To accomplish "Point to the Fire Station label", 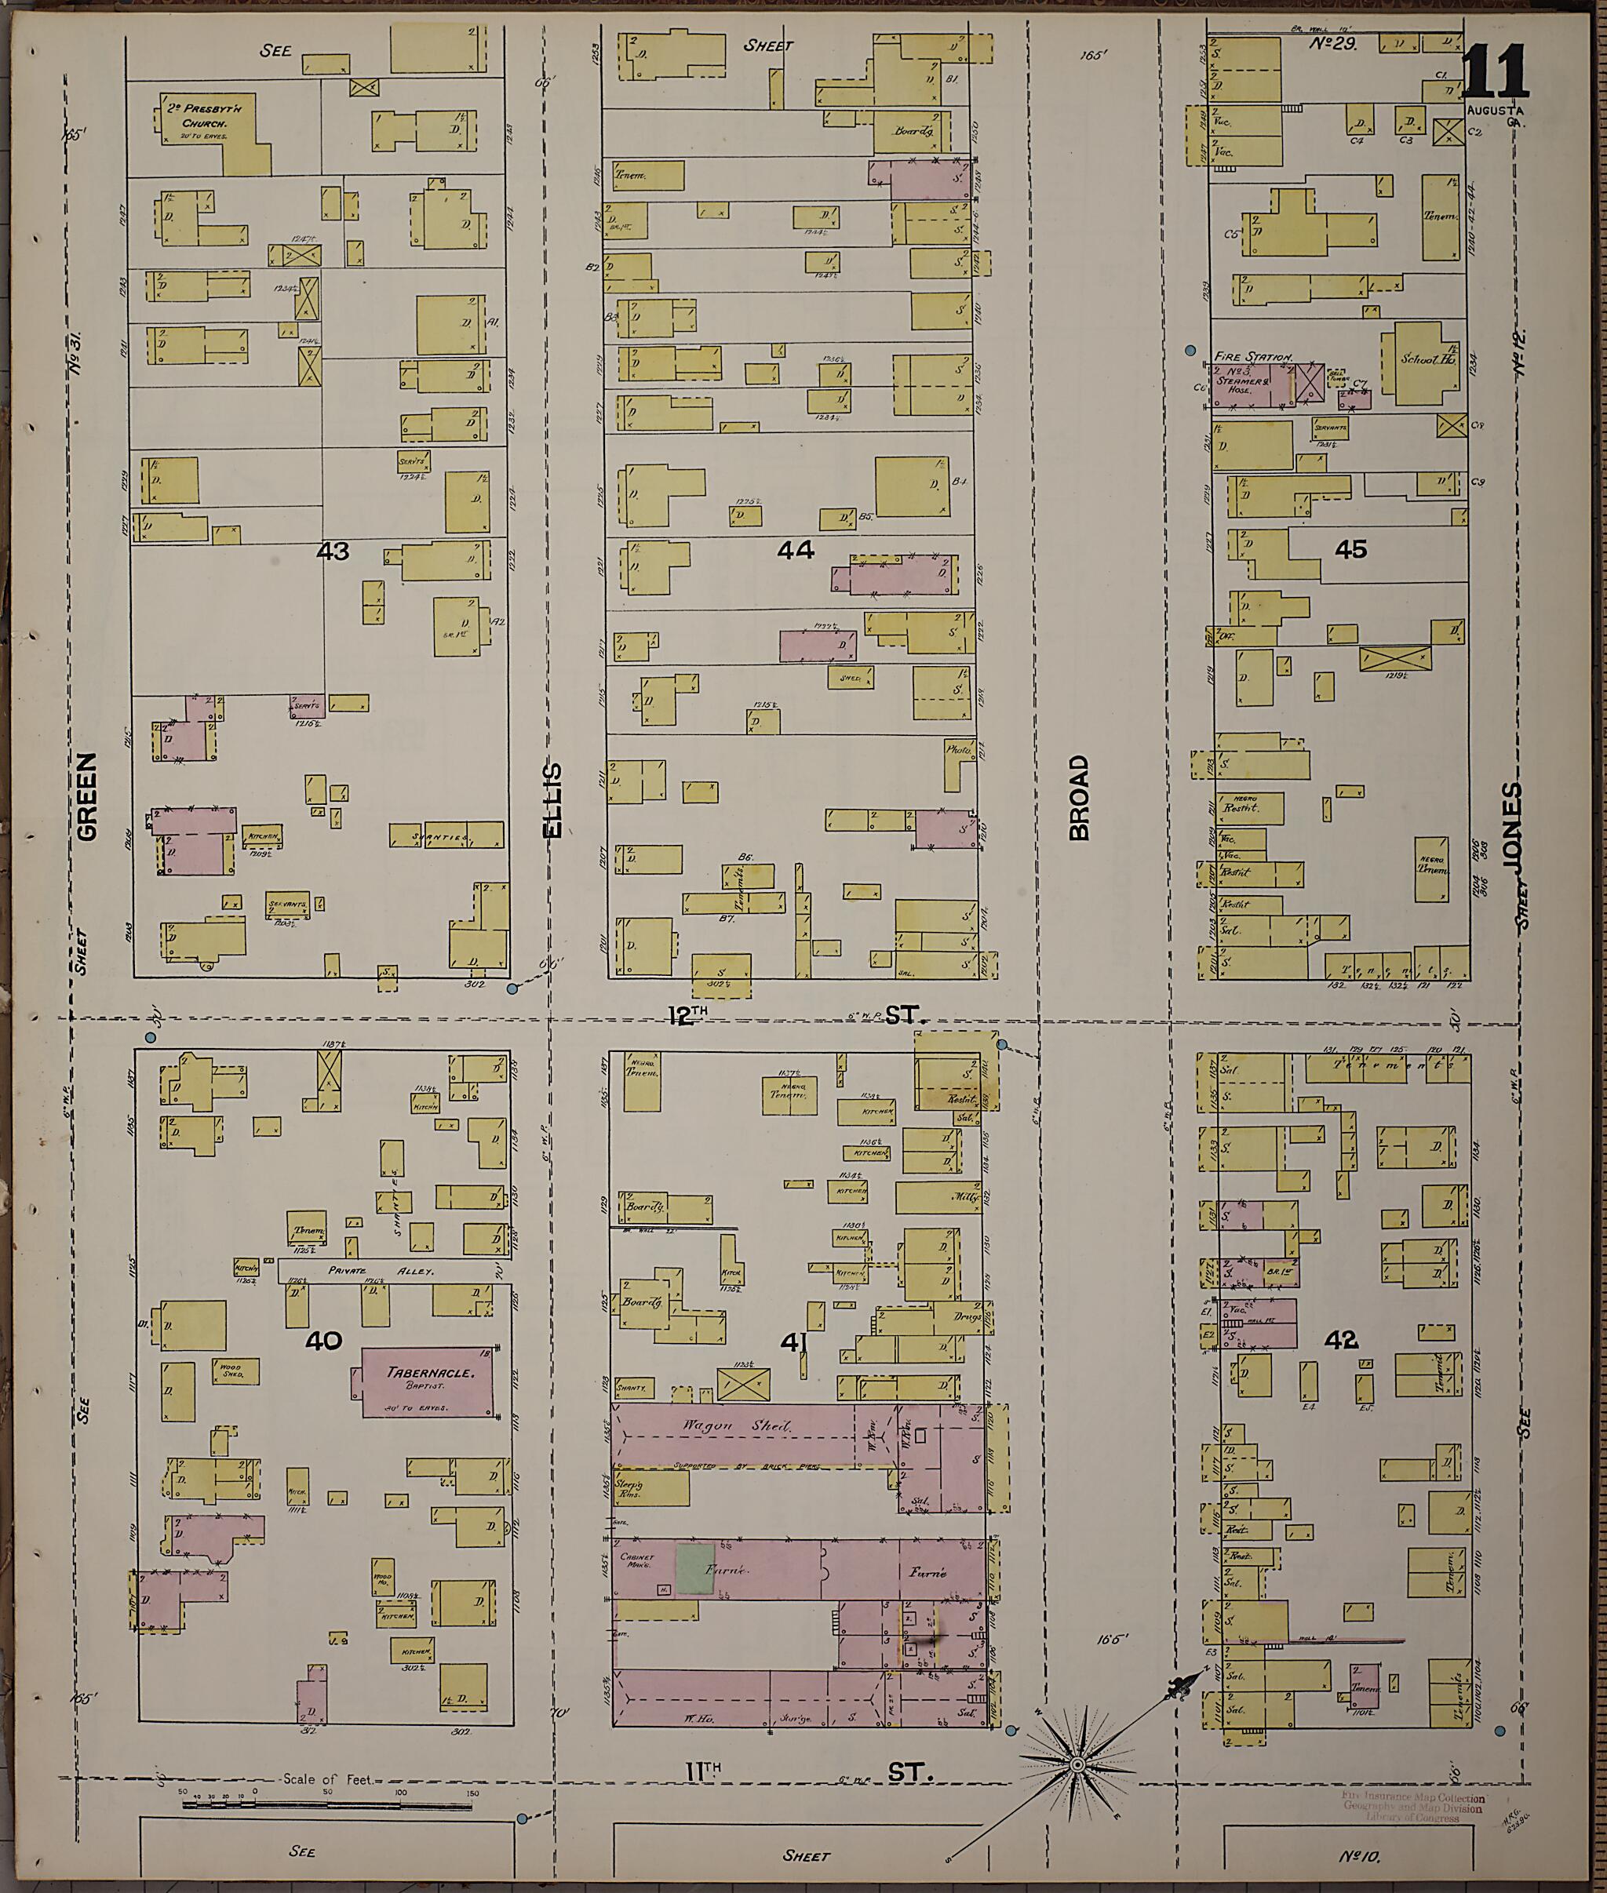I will pyautogui.click(x=1252, y=357).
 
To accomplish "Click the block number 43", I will pyautogui.click(x=333, y=552).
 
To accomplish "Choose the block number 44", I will pyautogui.click(x=796, y=549).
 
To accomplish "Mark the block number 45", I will pyautogui.click(x=1350, y=548).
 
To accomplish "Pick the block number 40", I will pyautogui.click(x=323, y=1340).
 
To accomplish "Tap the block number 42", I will pyautogui.click(x=1342, y=1339).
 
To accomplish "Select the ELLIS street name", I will pyautogui.click(x=552, y=799).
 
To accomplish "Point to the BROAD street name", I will pyautogui.click(x=1079, y=797).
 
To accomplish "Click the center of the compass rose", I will pyautogui.click(x=1077, y=1764).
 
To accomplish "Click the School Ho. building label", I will pyautogui.click(x=1427, y=359).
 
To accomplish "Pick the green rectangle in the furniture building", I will pyautogui.click(x=694, y=1570).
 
